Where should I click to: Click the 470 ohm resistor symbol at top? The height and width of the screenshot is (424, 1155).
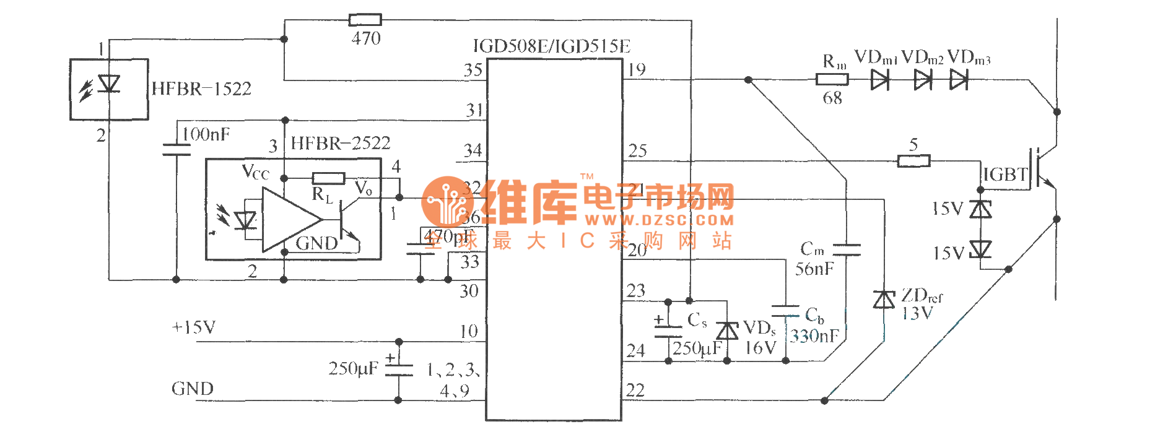point(365,20)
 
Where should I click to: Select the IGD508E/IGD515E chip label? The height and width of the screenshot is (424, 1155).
point(551,46)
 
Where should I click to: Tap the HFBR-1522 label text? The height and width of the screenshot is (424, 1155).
point(201,89)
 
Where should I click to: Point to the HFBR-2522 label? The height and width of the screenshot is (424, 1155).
point(341,144)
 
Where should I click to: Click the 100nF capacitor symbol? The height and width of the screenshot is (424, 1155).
point(177,149)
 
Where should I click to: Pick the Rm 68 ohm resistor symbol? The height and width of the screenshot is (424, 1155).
point(832,79)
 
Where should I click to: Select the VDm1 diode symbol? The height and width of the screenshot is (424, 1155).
point(879,79)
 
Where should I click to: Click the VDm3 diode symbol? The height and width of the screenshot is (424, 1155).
point(959,79)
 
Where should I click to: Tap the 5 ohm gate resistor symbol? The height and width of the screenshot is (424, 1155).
point(913,162)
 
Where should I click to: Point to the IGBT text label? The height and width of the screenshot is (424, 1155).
point(1005,175)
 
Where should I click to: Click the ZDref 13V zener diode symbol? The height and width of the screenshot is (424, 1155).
point(884,300)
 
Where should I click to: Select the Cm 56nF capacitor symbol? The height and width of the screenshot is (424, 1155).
point(847,249)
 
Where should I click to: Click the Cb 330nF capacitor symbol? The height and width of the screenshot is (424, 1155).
point(786,311)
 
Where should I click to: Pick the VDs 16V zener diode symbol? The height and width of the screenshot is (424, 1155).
point(727,331)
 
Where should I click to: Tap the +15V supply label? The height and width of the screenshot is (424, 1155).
point(193,327)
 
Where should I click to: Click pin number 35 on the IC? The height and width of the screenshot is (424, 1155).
point(473,70)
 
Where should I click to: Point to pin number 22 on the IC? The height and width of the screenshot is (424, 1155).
point(635,391)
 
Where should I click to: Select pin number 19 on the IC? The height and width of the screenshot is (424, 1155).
point(637,70)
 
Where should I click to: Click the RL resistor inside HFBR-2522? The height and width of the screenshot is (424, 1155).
point(328,178)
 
